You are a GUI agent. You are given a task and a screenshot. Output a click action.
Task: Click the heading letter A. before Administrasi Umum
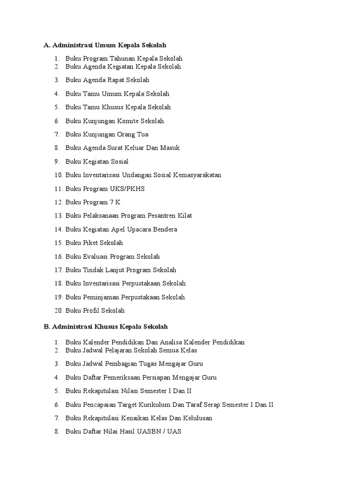coord(47,45)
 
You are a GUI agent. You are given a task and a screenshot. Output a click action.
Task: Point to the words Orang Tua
coord(135,135)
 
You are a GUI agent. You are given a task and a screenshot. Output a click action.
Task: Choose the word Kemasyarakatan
coord(197,175)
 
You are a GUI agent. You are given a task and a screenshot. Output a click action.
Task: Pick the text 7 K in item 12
coord(115,202)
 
